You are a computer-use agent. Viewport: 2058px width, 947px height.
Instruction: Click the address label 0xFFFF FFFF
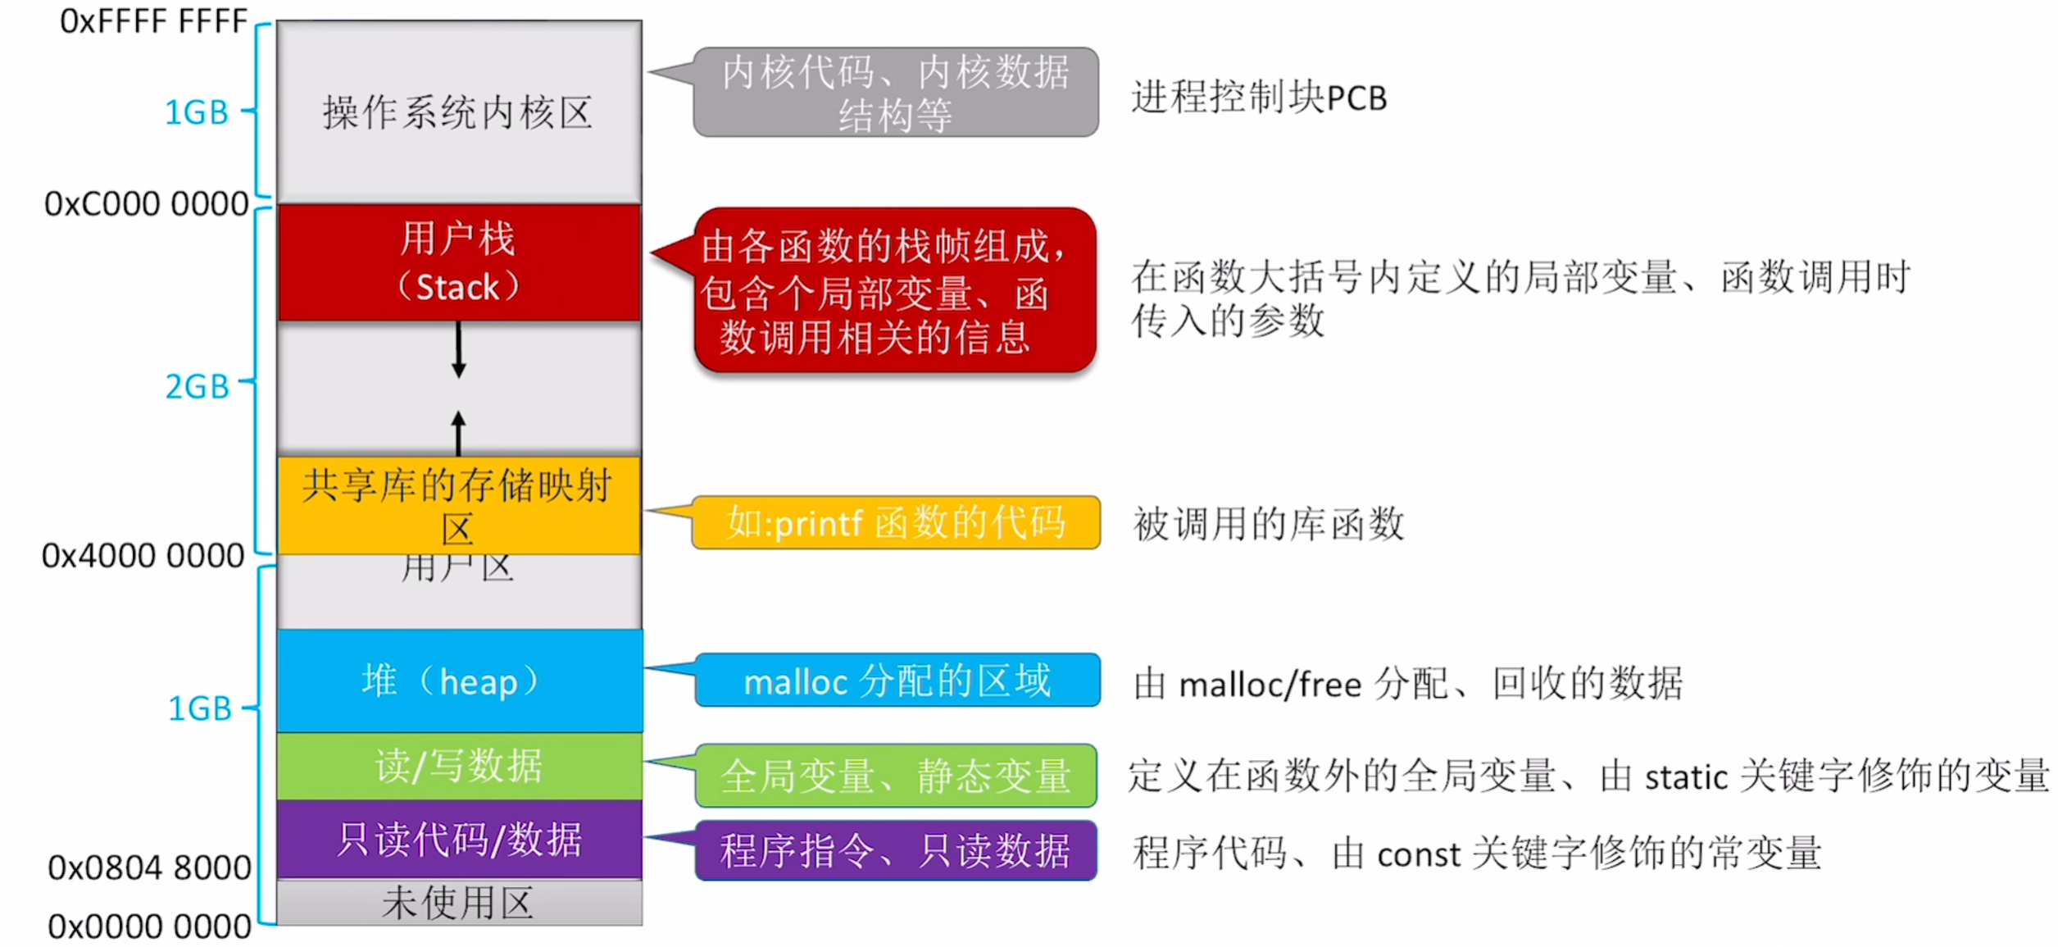153,21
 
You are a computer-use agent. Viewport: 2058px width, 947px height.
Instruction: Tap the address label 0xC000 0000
146,204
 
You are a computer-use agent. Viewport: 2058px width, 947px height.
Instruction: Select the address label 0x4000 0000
143,556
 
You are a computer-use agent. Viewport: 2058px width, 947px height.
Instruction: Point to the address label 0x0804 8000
149,867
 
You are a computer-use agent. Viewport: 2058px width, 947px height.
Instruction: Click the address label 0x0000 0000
149,927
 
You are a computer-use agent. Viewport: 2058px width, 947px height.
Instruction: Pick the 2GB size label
197,386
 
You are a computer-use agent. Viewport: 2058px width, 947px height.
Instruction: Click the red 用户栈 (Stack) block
459,262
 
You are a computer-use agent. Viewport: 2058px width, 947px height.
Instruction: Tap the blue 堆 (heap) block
459,681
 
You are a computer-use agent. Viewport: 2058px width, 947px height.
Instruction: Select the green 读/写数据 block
459,766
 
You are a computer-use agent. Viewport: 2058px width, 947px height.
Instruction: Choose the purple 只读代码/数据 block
459,840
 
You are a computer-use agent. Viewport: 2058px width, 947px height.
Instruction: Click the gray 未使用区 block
459,903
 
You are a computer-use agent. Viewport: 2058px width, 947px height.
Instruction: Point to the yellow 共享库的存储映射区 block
459,505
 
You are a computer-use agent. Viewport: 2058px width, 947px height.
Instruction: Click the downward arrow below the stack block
459,351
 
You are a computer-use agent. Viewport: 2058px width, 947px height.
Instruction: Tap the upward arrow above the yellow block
459,432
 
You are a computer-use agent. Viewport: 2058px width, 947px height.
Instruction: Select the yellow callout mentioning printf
896,522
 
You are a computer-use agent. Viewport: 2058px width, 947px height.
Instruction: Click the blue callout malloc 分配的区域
897,681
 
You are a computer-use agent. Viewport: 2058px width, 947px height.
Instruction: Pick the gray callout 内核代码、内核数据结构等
896,92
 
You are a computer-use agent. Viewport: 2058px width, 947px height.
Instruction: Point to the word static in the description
1686,777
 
